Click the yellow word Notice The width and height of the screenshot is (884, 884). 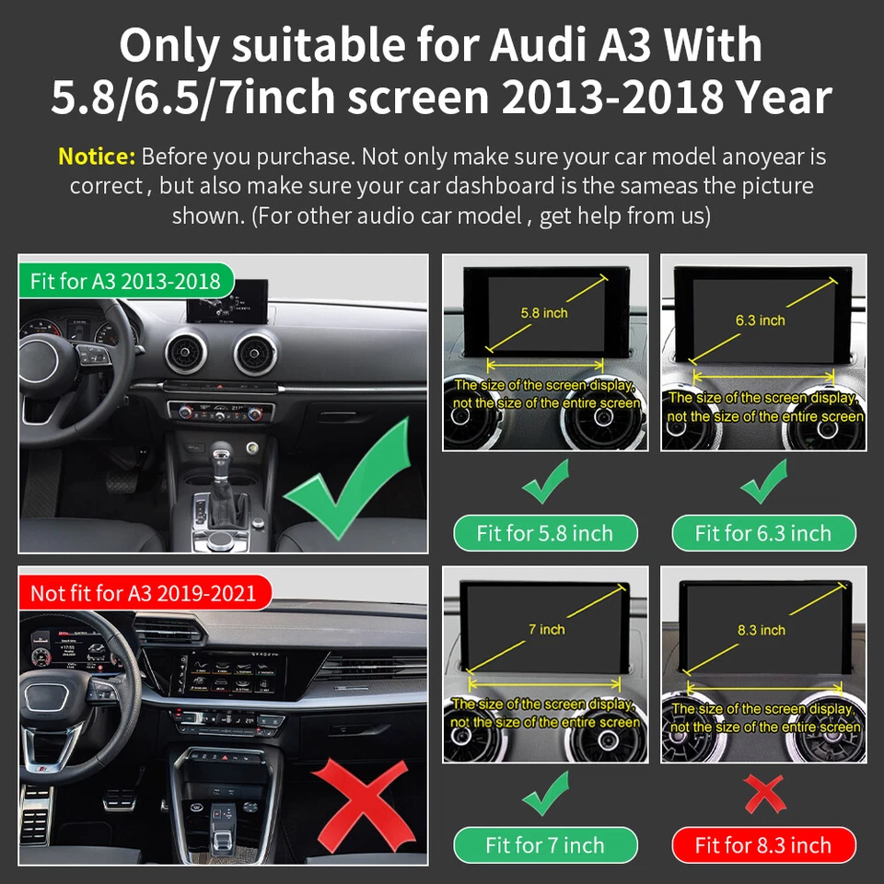(x=97, y=156)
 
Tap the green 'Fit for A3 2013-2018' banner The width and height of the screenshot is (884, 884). (x=125, y=281)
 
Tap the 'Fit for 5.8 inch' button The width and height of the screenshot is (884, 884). (x=544, y=533)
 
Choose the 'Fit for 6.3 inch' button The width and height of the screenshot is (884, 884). (x=762, y=533)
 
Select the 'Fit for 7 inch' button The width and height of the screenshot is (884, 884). (x=544, y=845)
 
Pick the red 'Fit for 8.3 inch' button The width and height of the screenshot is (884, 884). (x=762, y=845)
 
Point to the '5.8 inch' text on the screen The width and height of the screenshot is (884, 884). (x=543, y=313)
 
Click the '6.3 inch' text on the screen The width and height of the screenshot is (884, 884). (x=760, y=320)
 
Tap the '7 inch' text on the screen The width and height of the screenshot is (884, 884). (x=546, y=629)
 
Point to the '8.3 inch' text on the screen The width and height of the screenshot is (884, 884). (x=761, y=630)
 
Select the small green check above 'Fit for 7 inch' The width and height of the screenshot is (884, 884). (x=545, y=794)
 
